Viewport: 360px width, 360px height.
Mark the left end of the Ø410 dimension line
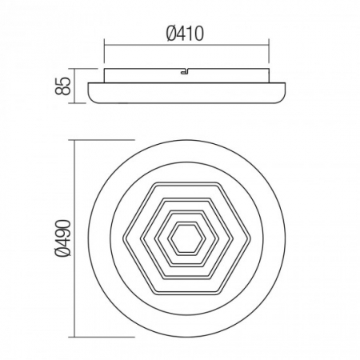[x=106, y=46]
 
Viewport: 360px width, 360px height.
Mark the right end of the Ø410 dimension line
[x=267, y=46]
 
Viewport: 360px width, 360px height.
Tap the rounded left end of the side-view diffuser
[x=90, y=92]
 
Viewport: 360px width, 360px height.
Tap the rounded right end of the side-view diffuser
[x=283, y=92]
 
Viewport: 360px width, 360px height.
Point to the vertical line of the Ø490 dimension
[x=74, y=238]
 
